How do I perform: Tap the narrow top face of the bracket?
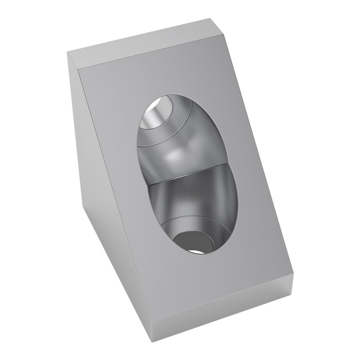[144, 43]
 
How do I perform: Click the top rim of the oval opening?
[173, 94]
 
